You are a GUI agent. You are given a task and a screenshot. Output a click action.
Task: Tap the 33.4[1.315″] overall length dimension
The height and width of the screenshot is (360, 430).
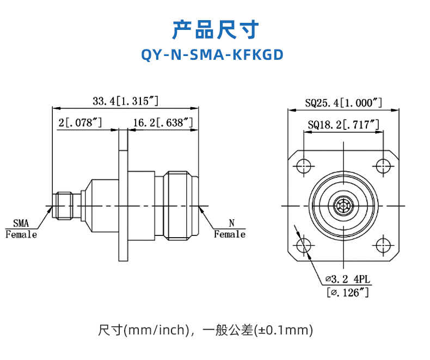(125, 101)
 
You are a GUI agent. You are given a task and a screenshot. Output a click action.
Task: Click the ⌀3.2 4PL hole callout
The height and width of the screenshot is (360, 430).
(348, 280)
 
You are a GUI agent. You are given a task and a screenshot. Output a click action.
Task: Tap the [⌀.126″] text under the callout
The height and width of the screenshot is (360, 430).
(348, 292)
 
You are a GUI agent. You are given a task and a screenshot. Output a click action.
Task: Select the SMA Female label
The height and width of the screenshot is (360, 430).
(21, 229)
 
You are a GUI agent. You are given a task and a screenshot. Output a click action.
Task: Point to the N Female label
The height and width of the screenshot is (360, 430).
(230, 229)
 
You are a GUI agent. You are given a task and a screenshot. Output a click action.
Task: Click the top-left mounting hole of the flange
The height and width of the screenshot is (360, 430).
(304, 165)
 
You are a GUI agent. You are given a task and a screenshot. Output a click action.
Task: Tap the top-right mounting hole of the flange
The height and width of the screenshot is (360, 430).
(384, 165)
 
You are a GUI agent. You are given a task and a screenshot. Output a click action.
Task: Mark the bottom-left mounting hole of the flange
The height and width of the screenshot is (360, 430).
(304, 246)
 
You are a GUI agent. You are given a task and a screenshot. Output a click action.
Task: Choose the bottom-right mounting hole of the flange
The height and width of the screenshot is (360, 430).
(384, 246)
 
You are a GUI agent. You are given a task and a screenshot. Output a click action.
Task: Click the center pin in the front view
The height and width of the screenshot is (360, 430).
(344, 206)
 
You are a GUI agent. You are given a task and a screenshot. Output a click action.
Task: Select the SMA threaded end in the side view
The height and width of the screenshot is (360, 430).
(64, 206)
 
